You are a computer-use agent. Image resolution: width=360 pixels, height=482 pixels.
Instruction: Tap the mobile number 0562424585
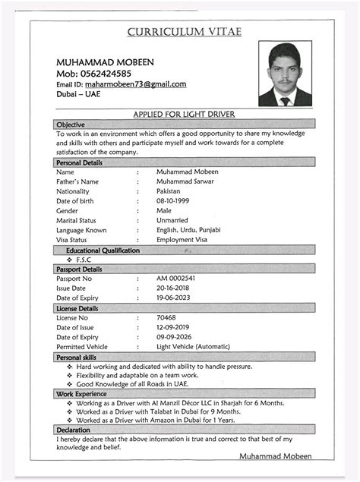pyautogui.click(x=104, y=74)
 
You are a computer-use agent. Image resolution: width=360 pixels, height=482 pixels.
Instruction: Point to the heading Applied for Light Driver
pyautogui.click(x=183, y=114)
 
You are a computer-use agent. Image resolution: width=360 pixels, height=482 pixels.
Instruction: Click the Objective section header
pyautogui.click(x=71, y=124)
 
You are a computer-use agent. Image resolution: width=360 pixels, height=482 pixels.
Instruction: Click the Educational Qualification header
pyautogui.click(x=103, y=250)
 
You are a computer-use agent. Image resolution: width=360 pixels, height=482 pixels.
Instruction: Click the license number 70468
pyautogui.click(x=166, y=318)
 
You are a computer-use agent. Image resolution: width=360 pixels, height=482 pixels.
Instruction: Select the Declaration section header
pyautogui.click(x=73, y=430)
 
